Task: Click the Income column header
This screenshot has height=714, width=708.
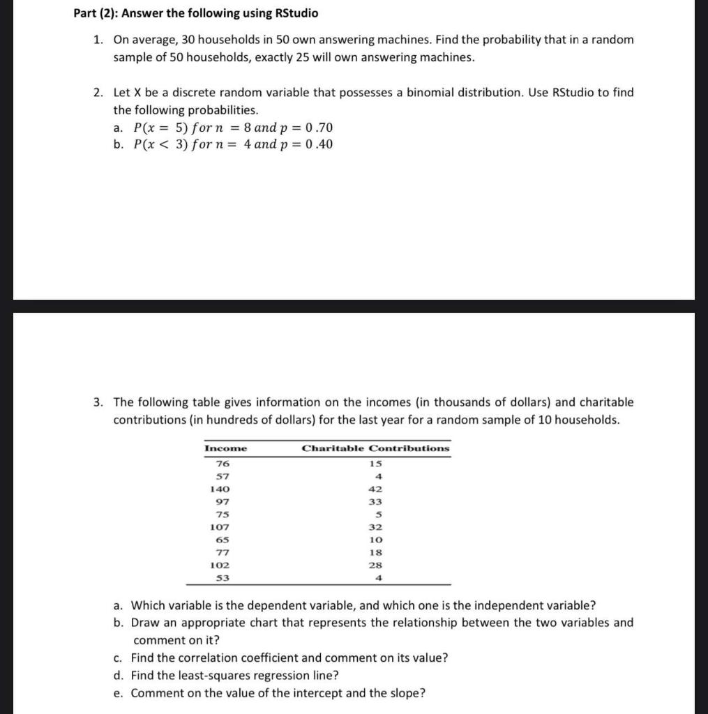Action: click(x=225, y=448)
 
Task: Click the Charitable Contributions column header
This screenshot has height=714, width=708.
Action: click(x=375, y=448)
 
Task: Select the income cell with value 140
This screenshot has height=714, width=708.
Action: click(x=220, y=489)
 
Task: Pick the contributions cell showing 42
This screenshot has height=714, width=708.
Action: click(x=375, y=489)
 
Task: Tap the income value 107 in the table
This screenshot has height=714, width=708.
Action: click(x=220, y=528)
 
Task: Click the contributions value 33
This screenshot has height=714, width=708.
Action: click(x=375, y=502)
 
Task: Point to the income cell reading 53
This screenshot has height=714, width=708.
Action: click(x=223, y=578)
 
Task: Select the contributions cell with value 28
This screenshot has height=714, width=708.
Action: click(x=375, y=565)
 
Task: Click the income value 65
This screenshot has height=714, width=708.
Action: click(x=223, y=540)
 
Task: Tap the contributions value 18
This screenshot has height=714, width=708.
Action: click(x=375, y=553)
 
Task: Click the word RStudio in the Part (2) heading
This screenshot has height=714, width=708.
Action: click(x=296, y=13)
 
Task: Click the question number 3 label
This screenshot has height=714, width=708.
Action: click(x=99, y=402)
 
